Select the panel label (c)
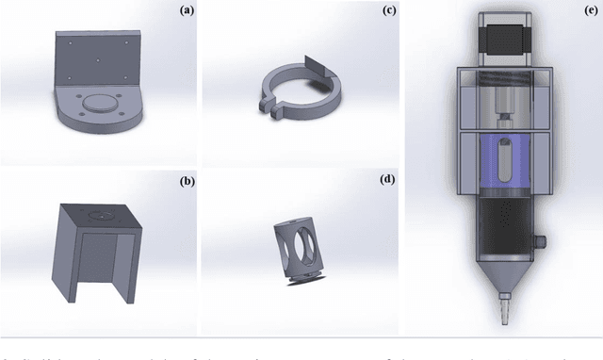point(388,11)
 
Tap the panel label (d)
point(388,177)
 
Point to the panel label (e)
point(589,11)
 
